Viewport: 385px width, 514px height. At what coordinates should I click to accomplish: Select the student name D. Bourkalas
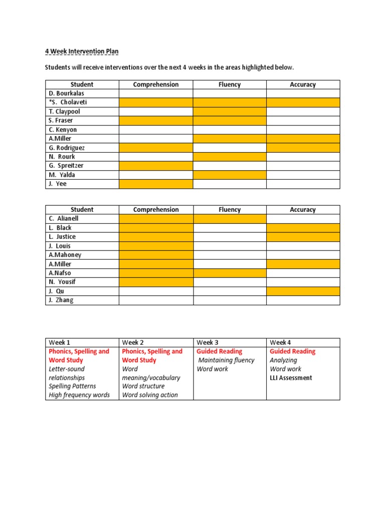click(67, 93)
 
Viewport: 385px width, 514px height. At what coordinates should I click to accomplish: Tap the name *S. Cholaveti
click(68, 102)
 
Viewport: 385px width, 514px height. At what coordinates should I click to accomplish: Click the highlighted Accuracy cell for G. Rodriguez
click(303, 148)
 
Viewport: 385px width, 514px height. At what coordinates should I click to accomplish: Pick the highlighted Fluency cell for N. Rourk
click(230, 157)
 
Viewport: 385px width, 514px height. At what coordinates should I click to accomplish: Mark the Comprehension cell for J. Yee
click(155, 184)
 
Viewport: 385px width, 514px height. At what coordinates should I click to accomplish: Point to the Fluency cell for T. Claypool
click(230, 111)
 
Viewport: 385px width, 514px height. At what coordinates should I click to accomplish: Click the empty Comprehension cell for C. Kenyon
click(155, 130)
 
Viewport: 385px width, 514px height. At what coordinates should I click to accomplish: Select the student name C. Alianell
click(64, 219)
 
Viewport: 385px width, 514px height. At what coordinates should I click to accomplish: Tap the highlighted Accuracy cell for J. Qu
click(303, 291)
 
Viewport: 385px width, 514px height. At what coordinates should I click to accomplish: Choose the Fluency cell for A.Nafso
click(230, 273)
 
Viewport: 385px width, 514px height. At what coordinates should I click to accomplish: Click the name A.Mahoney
click(65, 255)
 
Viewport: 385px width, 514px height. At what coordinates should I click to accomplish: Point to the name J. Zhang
click(61, 300)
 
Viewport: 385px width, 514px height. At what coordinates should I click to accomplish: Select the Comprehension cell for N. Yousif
click(155, 282)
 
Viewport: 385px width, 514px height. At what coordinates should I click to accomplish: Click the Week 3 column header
click(208, 342)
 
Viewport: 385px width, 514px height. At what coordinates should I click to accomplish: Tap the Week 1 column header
click(60, 342)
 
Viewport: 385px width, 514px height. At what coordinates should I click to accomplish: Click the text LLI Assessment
click(291, 378)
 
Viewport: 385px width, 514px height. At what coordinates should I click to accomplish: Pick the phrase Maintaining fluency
click(227, 360)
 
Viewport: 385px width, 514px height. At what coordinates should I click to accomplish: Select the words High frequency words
click(79, 395)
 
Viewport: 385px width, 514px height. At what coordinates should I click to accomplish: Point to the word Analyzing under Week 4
click(283, 360)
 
